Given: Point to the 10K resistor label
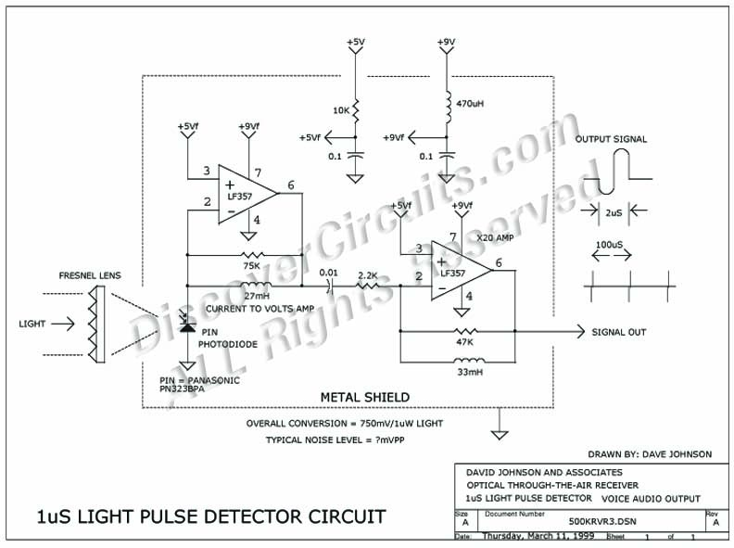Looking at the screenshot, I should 341,110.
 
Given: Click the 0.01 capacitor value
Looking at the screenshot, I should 327,273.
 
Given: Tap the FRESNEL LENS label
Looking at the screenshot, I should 90,275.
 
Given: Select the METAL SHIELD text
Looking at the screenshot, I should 360,397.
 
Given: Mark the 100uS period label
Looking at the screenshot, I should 608,249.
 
